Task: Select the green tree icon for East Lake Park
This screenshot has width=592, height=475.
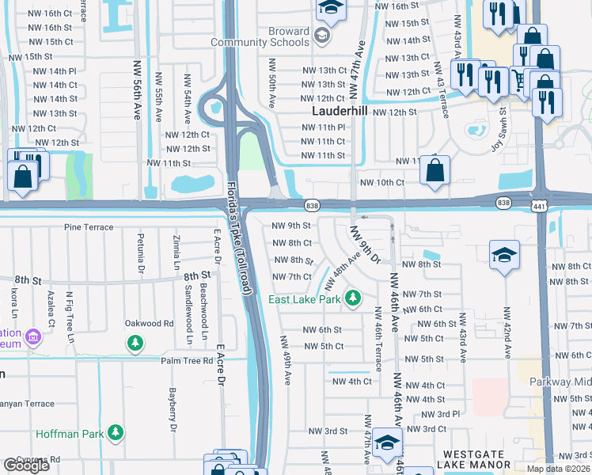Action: (355, 299)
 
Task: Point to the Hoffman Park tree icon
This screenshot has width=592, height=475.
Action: (116, 432)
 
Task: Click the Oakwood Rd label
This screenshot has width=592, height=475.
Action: (149, 324)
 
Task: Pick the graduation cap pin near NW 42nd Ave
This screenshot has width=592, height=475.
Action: (504, 256)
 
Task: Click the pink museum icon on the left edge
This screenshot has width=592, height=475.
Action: (32, 339)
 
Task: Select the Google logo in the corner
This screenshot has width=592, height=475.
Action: (26, 465)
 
